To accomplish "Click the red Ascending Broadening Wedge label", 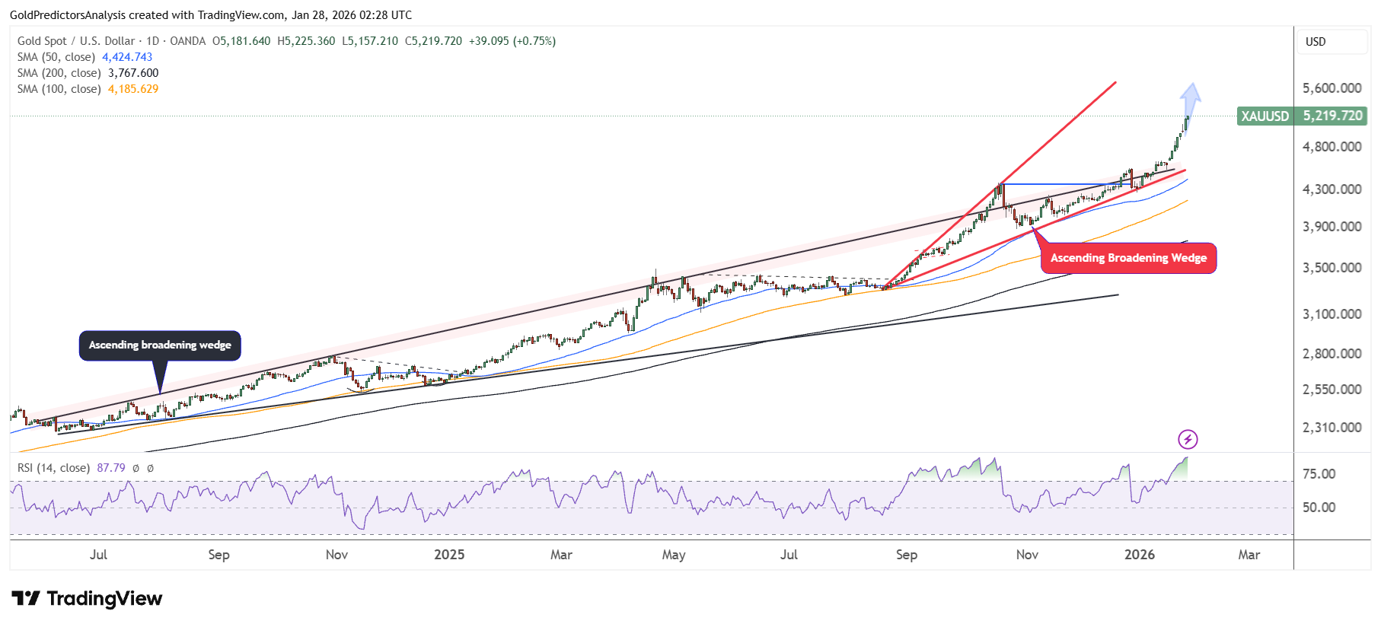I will [x=1128, y=258].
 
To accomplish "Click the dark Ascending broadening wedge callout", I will [x=160, y=345].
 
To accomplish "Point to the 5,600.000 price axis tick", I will [x=1332, y=88].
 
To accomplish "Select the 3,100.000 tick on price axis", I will [x=1332, y=313].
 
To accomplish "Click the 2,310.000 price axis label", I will [x=1332, y=428].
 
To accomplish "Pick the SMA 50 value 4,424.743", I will [x=127, y=57].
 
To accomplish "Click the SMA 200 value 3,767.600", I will [x=133, y=73].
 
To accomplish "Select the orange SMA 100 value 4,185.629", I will [x=133, y=89].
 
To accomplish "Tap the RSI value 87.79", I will [x=111, y=468].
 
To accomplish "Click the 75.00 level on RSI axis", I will [x=1319, y=474].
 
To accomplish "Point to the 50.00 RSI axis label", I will [x=1319, y=508].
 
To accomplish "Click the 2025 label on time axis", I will [x=449, y=555].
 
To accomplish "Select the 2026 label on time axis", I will [x=1139, y=555].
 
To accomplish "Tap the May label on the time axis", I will [x=674, y=555].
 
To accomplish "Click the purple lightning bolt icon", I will [x=1188, y=439].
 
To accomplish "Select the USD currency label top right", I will [x=1316, y=42].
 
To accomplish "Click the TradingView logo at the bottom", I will [x=87, y=599].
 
